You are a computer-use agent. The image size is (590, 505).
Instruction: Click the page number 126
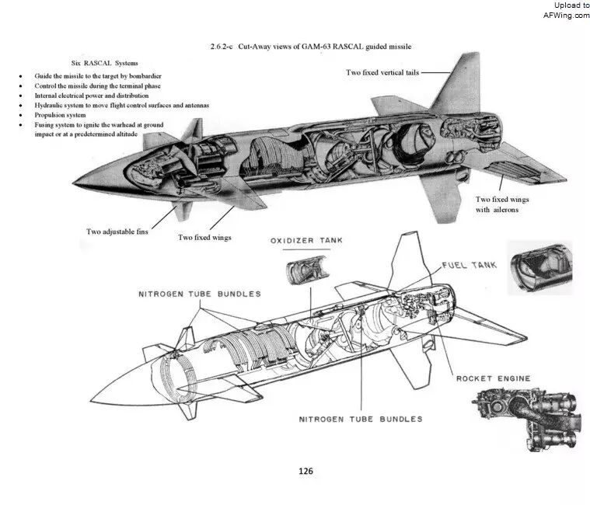click(305, 471)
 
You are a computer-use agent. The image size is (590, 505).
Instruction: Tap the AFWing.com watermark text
click(567, 15)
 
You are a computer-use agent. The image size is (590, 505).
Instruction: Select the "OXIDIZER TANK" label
click(307, 241)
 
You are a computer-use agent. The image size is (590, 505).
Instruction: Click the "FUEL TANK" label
click(470, 265)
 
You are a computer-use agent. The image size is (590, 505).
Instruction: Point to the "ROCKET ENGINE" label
click(494, 378)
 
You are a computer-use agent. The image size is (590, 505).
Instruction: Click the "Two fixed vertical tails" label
click(382, 72)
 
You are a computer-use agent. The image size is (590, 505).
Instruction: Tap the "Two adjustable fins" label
click(117, 232)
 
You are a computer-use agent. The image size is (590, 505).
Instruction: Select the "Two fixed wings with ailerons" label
click(502, 204)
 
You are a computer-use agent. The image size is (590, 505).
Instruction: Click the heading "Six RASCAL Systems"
click(105, 63)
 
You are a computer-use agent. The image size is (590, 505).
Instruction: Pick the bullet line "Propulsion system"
click(60, 115)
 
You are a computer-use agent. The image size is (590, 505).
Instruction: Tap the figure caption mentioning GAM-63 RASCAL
click(311, 47)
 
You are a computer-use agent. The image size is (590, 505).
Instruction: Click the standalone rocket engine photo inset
click(525, 419)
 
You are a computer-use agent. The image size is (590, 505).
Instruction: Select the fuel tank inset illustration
click(541, 268)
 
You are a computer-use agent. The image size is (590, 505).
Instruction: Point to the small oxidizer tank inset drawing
click(307, 270)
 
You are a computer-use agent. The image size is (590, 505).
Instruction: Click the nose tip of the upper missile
click(73, 183)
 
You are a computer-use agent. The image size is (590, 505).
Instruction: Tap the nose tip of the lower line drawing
click(91, 400)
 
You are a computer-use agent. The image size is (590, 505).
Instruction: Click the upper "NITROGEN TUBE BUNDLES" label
click(200, 294)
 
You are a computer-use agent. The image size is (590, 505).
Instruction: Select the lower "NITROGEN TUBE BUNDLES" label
click(361, 420)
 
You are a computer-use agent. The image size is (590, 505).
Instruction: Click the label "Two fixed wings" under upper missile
click(204, 238)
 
